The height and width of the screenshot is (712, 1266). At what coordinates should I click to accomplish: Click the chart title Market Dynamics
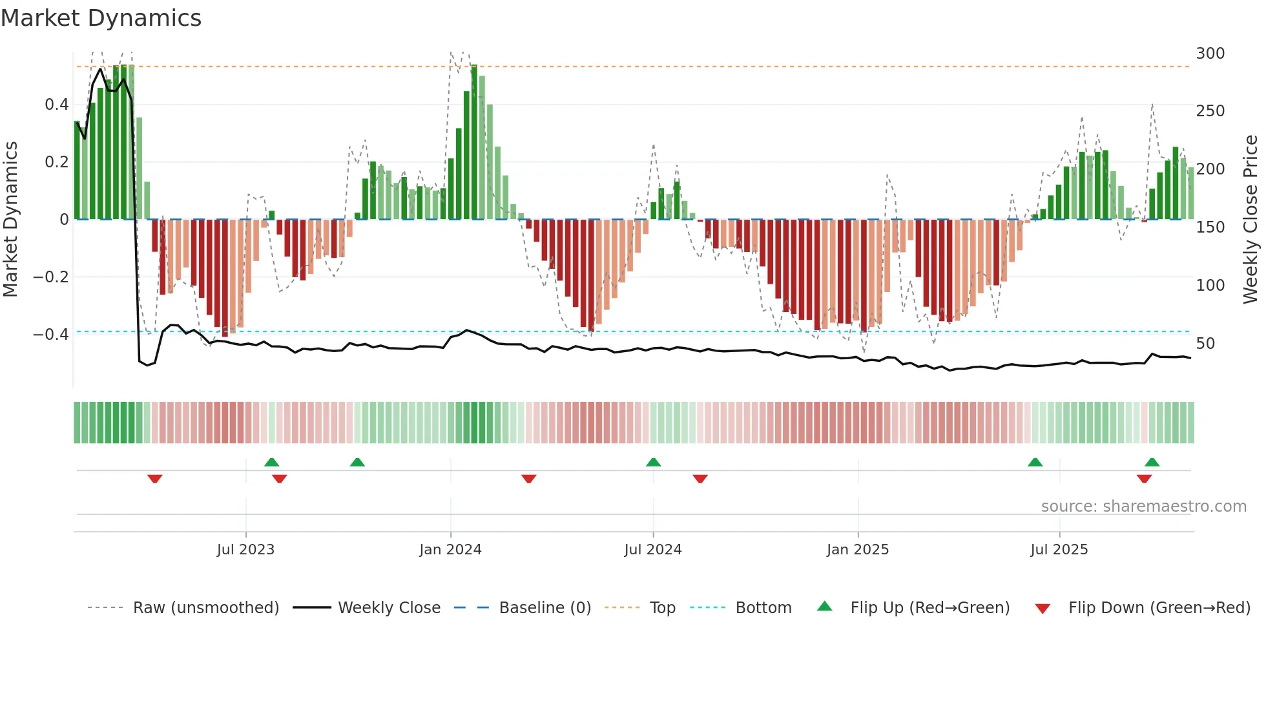coord(101,18)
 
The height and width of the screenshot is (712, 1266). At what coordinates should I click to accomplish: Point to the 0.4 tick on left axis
coord(56,105)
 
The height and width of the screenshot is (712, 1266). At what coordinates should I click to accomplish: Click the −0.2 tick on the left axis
coord(51,277)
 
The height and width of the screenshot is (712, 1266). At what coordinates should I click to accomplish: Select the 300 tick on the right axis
coord(1210,54)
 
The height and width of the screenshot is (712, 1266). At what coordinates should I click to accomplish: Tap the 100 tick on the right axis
coord(1210,286)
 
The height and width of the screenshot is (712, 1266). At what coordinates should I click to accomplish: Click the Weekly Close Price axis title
coord(1250,220)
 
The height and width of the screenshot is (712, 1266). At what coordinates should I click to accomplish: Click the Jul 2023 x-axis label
coord(245,550)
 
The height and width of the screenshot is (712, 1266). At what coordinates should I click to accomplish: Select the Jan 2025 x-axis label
coord(857,550)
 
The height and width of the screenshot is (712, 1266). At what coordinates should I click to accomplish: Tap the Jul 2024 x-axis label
coord(652,550)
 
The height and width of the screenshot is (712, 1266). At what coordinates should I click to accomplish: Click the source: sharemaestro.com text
coord(1143,507)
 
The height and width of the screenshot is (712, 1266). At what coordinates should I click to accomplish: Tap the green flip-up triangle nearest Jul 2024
coord(653,462)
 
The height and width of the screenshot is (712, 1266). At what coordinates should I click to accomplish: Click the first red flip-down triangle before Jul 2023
coord(154,479)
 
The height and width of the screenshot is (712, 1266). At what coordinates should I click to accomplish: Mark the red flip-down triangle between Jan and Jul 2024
coord(528,479)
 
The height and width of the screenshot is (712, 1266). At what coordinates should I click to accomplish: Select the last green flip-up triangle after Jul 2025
coord(1152,462)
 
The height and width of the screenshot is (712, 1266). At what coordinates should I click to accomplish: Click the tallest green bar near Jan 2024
coord(474,142)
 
